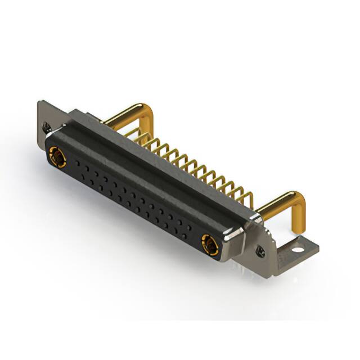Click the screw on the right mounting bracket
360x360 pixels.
(x=260, y=250)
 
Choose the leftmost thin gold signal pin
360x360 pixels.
(x=135, y=132)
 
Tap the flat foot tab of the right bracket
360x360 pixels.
(x=301, y=247)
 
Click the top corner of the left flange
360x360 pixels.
(x=39, y=103)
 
